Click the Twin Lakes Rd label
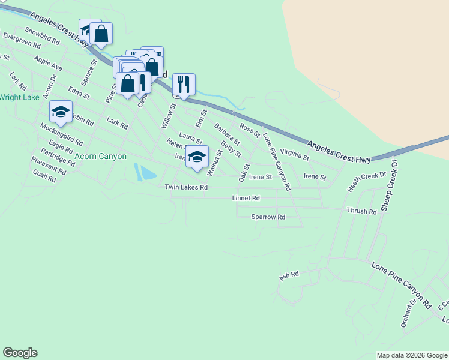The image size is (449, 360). click(186, 188)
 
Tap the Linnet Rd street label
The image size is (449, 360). click(246, 198)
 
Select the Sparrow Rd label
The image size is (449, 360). click(268, 217)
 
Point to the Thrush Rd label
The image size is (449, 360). click(361, 211)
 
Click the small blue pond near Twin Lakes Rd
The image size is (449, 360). click(145, 172)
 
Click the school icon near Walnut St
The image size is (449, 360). click(196, 157)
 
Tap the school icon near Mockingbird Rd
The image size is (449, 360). click(61, 112)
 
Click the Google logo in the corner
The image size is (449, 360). click(20, 353)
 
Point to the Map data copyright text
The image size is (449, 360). click(411, 355)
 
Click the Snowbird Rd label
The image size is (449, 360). click(42, 37)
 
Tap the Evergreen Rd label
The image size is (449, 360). click(22, 40)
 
